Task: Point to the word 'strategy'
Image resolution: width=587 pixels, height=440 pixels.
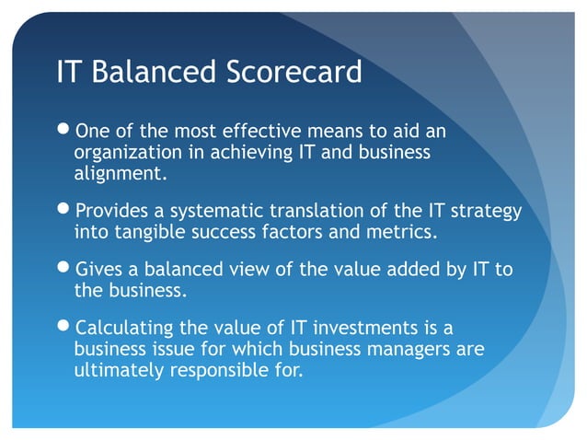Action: pyautogui.click(x=487, y=213)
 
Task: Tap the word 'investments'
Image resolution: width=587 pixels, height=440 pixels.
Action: pyautogui.click(x=354, y=329)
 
